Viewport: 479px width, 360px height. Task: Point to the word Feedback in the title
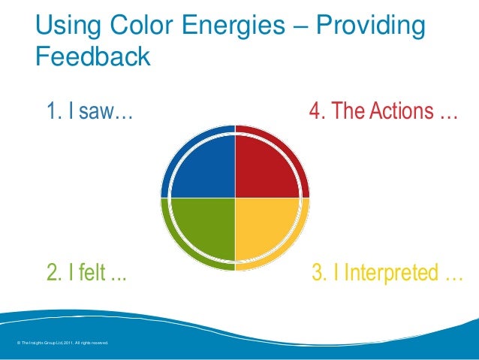tap(93, 57)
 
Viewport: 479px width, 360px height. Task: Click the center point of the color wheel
tap(235, 198)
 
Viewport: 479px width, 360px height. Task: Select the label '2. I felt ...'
tap(86, 272)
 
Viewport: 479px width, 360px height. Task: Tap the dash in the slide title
tap(297, 29)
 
